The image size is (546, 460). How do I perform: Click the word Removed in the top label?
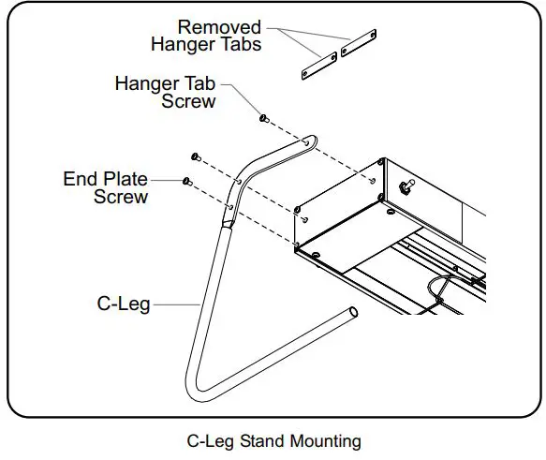[220, 27]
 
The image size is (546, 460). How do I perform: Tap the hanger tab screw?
[264, 118]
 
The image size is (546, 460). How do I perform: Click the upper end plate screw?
[195, 156]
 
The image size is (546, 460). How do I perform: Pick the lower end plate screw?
[187, 180]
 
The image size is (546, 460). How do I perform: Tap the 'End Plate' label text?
[105, 179]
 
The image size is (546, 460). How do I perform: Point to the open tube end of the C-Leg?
[352, 311]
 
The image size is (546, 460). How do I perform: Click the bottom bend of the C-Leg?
[199, 392]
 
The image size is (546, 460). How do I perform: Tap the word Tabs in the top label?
[240, 45]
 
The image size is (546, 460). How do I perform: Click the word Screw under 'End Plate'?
[121, 197]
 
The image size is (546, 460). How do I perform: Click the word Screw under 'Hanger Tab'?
[189, 100]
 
